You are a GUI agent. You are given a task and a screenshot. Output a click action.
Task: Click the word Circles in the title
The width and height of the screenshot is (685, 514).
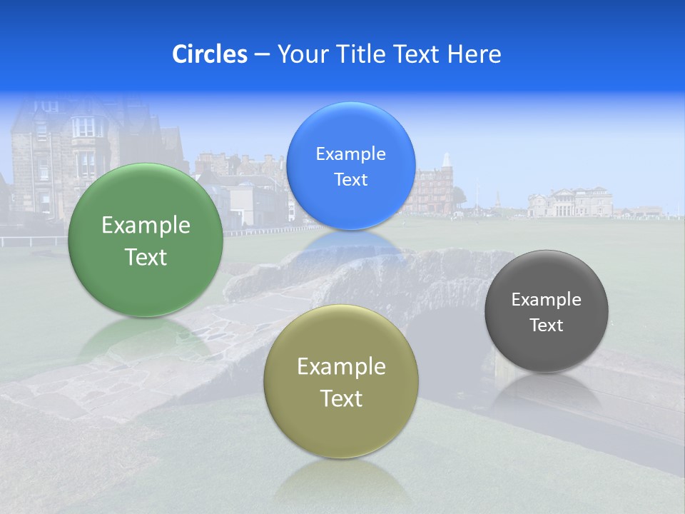coord(209,54)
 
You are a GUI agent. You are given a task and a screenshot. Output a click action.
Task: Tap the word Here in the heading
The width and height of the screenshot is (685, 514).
coord(474,54)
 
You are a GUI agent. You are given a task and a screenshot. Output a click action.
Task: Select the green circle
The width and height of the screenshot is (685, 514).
coord(146,241)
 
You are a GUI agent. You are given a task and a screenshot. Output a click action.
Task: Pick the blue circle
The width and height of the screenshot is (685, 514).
coord(350,166)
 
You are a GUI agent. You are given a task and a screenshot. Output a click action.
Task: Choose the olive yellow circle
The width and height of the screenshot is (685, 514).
coord(341,382)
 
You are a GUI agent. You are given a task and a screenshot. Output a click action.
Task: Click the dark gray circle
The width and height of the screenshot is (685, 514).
coord(547,311)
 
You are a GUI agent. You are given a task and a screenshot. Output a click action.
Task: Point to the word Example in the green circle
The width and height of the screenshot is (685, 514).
coord(146,225)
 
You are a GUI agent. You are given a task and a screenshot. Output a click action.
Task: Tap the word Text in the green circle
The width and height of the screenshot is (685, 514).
coord(146,257)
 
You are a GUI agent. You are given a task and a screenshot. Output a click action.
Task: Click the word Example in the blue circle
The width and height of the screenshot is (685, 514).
coord(350,153)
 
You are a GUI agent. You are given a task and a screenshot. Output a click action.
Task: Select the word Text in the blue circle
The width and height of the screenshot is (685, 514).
coord(350,180)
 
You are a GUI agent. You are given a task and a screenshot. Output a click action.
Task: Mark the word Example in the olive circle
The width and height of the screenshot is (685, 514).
coord(341,366)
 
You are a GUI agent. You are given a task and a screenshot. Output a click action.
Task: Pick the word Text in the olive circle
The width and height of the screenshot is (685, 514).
coord(341,398)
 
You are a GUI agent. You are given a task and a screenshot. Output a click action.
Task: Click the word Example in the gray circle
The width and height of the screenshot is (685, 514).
coord(547,299)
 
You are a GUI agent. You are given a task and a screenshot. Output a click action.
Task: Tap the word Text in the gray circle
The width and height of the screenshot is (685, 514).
coord(547,326)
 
